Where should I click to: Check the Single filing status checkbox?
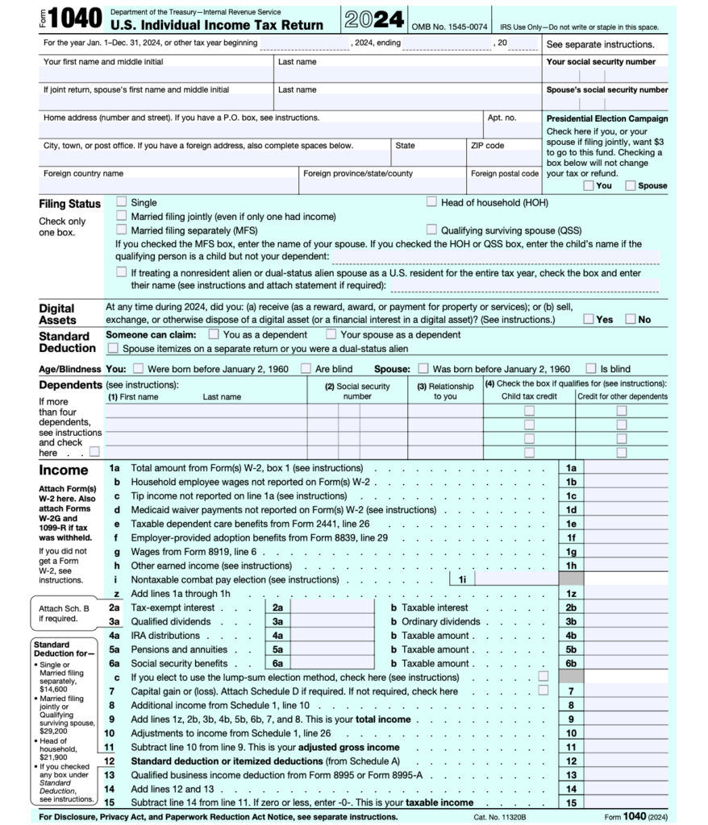tap(122, 202)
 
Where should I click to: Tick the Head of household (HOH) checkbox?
tap(432, 202)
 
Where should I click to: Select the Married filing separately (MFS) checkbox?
tap(122, 230)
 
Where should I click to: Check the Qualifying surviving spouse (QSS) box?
tap(432, 230)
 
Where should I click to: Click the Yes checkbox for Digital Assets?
tap(589, 319)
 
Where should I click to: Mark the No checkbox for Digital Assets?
tap(631, 319)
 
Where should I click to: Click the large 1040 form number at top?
tap(74, 19)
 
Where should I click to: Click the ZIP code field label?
tap(487, 146)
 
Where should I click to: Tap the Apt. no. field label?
tap(502, 118)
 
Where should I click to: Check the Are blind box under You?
tap(306, 369)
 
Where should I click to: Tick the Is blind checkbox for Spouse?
tap(591, 369)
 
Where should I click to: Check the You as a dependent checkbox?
tap(214, 334)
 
